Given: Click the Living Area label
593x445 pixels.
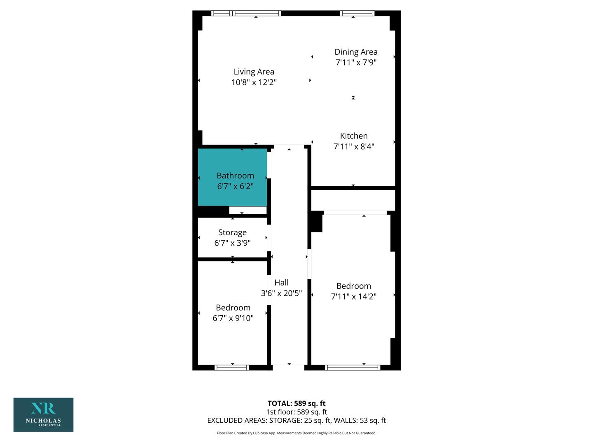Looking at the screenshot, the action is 254,72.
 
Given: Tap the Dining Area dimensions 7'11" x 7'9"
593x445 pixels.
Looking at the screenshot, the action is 356,62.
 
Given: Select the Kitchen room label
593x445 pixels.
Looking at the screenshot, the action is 354,136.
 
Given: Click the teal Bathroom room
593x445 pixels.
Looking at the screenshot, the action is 232,177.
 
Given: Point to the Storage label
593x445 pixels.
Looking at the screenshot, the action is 232,232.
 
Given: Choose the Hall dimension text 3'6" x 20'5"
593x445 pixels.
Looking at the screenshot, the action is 281,293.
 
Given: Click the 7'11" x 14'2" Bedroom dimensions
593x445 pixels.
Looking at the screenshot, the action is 354,296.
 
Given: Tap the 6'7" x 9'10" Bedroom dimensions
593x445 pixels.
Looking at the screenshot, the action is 233,318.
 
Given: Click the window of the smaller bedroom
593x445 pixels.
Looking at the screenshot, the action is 231,368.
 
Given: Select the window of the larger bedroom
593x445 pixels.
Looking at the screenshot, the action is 353,368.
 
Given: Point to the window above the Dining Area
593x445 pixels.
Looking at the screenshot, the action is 357,13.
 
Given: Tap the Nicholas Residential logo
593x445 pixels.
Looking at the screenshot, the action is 44,415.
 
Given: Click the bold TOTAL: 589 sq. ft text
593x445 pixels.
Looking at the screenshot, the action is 296,403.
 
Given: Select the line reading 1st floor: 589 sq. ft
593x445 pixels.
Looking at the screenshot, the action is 296,412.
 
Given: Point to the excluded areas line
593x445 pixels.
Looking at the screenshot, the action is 296,420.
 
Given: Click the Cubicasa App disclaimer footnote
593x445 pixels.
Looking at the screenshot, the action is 296,433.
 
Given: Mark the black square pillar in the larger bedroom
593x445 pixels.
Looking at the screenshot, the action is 317,222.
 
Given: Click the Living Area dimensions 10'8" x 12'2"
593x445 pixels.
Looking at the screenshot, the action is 254,82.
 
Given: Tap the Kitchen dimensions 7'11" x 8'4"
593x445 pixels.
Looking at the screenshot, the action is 354,146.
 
